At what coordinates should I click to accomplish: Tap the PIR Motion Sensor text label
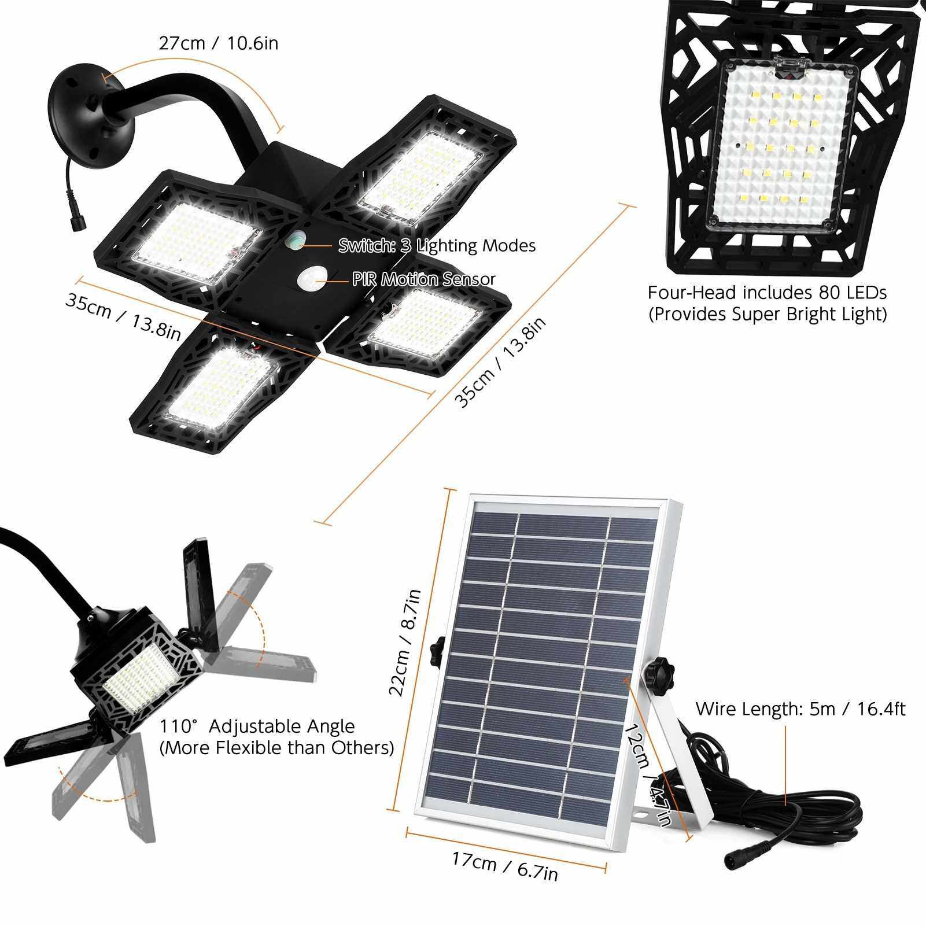click(424, 279)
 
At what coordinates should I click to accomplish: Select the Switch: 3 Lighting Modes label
click(437, 246)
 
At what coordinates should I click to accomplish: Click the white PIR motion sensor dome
click(310, 280)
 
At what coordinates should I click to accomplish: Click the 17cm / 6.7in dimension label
click(505, 863)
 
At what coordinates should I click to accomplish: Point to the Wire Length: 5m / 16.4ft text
click(800, 709)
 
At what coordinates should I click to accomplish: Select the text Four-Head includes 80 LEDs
click(767, 293)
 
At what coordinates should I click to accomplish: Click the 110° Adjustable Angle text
click(257, 726)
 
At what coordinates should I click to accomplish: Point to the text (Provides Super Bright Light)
click(767, 314)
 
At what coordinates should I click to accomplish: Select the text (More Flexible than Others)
click(276, 747)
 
